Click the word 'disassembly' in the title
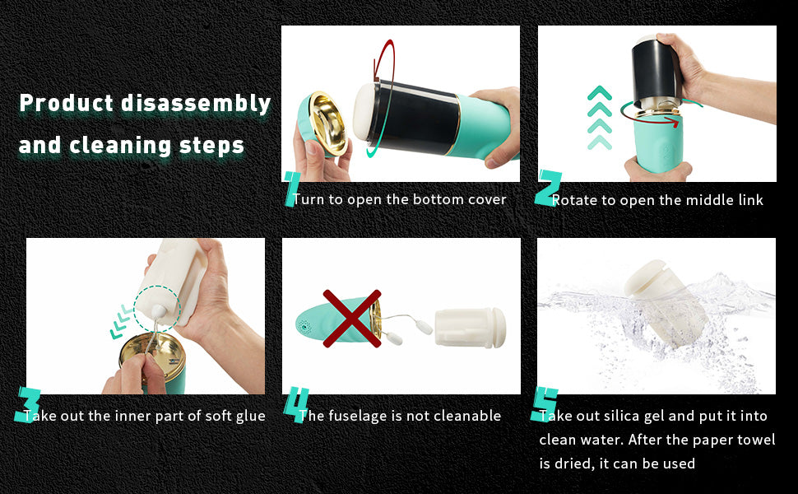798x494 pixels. click(x=196, y=104)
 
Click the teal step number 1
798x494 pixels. click(x=291, y=189)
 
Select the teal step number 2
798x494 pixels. click(x=548, y=189)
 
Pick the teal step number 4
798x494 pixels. click(x=296, y=404)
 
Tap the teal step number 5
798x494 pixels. click(x=545, y=404)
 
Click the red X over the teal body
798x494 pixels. click(x=351, y=319)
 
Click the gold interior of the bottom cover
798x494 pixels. click(x=328, y=123)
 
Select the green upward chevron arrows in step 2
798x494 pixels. click(x=599, y=118)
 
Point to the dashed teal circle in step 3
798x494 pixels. click(x=157, y=309)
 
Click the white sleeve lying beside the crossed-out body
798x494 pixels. click(x=470, y=328)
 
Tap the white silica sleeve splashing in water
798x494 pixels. click(x=666, y=303)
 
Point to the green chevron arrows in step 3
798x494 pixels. click(x=121, y=321)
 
